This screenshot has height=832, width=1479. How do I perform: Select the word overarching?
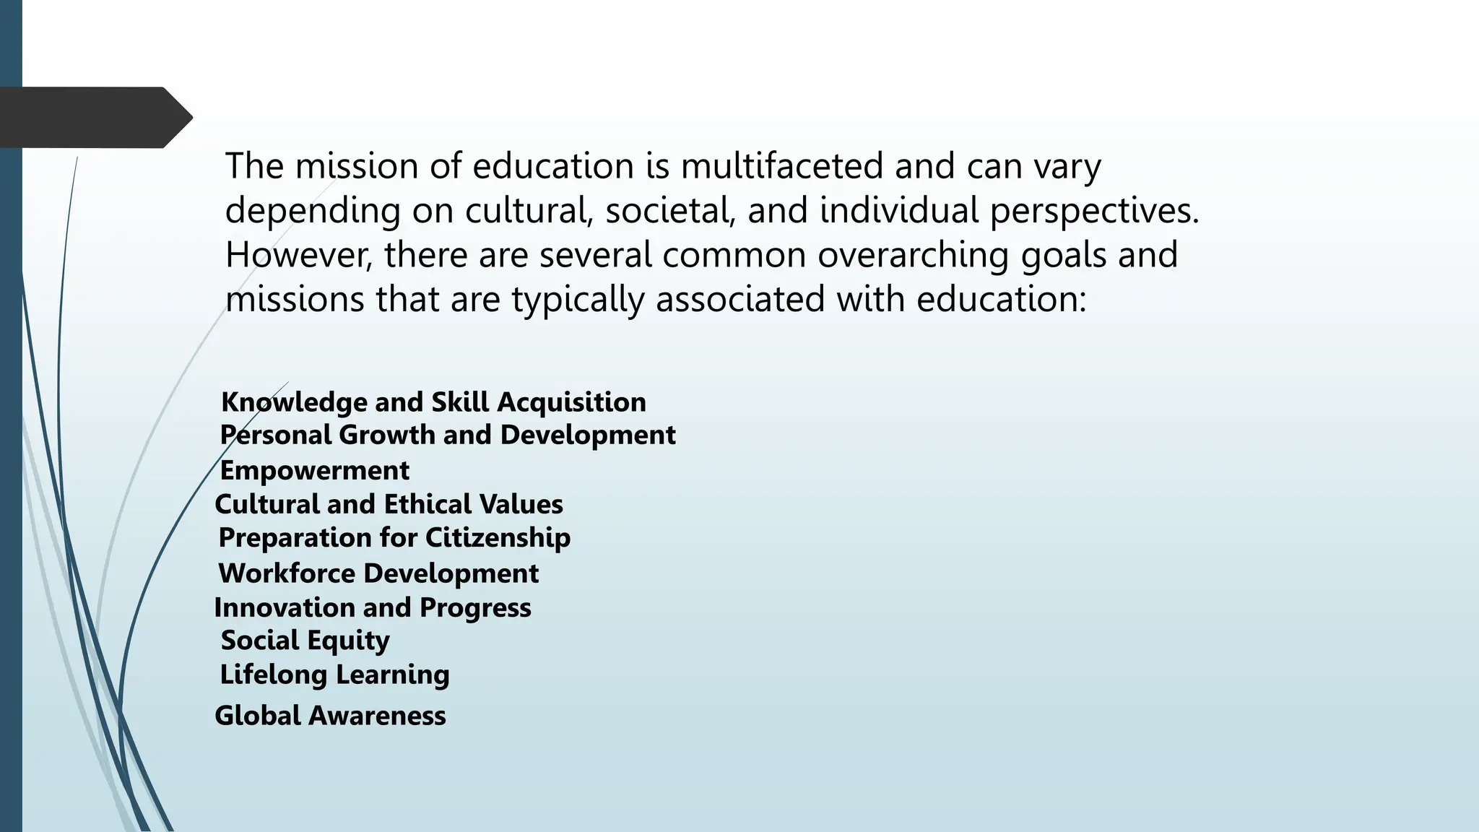click(x=913, y=255)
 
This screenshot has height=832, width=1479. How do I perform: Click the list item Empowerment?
click(x=314, y=470)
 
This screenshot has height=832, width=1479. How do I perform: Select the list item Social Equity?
click(x=305, y=640)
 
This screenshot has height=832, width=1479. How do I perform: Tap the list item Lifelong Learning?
click(x=334, y=675)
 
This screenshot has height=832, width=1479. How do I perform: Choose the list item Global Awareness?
click(x=330, y=716)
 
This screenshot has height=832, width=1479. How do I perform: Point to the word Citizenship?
click(x=498, y=537)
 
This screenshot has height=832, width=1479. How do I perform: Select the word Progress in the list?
click(x=475, y=607)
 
